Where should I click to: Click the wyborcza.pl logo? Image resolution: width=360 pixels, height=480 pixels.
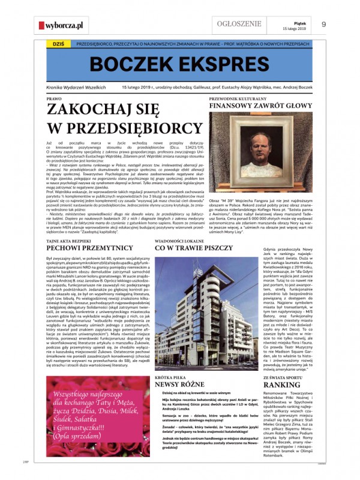coord(61,25)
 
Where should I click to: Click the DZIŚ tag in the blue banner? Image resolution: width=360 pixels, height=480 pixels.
coord(51,44)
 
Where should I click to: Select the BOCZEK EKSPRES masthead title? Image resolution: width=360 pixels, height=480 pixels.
coord(179,64)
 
